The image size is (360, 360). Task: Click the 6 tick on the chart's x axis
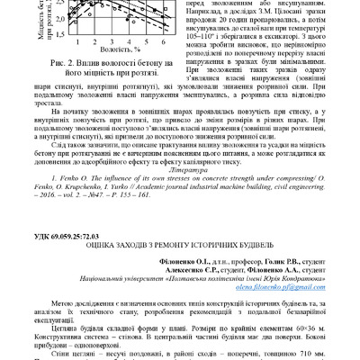[x=148, y=43]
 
